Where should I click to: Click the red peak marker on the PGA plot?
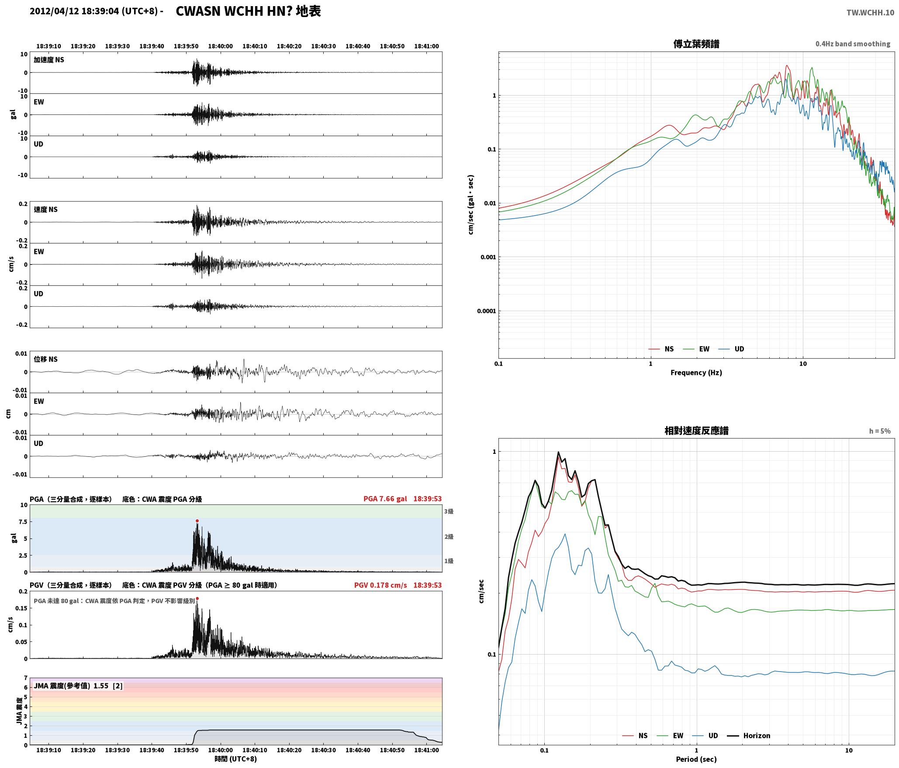click(x=197, y=521)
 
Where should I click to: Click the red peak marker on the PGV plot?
click(x=197, y=599)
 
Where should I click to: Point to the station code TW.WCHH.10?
click(x=870, y=13)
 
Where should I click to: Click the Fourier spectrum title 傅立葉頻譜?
click(x=696, y=44)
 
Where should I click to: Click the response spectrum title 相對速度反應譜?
click(x=696, y=431)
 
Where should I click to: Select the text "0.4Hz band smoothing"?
click(x=853, y=44)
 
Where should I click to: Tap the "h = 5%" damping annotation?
click(x=880, y=431)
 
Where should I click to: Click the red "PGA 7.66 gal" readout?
click(x=385, y=499)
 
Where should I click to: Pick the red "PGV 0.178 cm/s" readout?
click(x=380, y=585)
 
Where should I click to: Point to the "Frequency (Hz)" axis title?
click(x=696, y=372)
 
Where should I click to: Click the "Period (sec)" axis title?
click(x=696, y=759)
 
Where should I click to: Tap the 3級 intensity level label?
click(x=449, y=511)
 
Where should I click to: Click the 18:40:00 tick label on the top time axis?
click(x=221, y=46)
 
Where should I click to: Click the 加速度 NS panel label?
click(x=49, y=60)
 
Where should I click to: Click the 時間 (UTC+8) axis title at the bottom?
click(x=235, y=759)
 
